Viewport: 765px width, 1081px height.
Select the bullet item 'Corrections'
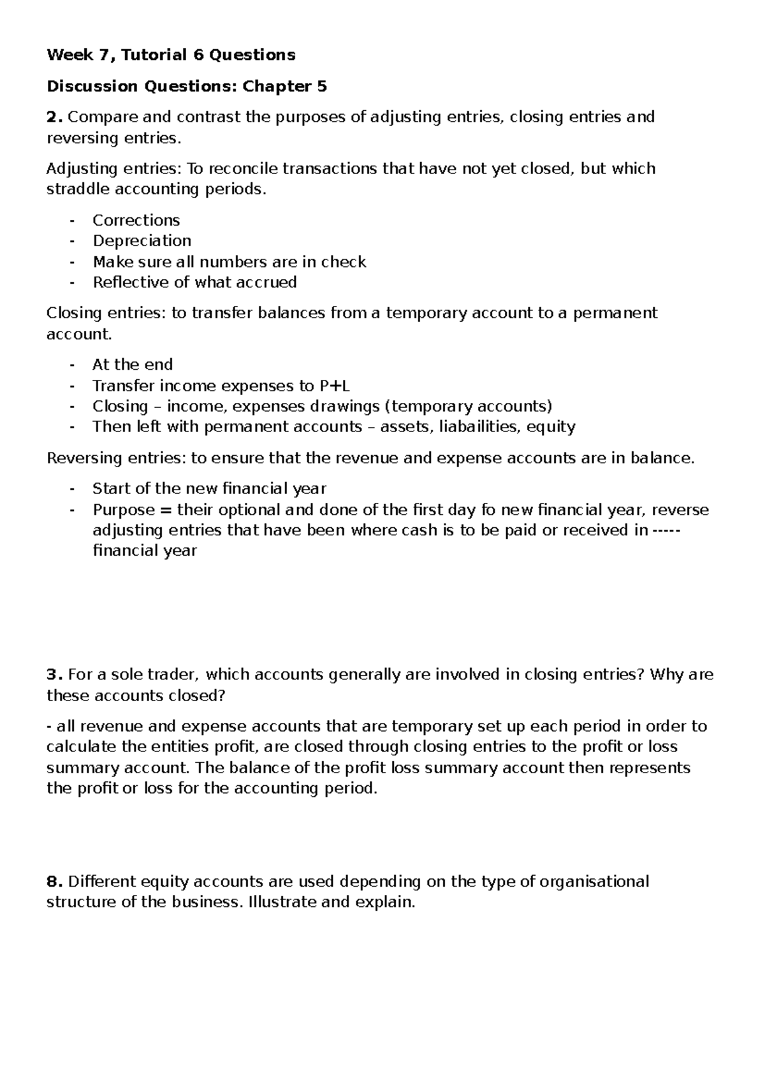click(x=136, y=221)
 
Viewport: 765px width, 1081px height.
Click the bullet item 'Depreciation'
click(x=142, y=241)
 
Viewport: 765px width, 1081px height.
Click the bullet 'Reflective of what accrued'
click(x=194, y=282)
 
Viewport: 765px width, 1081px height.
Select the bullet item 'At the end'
click(x=132, y=365)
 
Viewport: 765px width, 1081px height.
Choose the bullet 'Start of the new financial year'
click(x=208, y=489)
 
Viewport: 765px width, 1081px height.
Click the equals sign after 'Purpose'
click(x=166, y=510)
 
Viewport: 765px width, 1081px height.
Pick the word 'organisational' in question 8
click(x=594, y=882)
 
